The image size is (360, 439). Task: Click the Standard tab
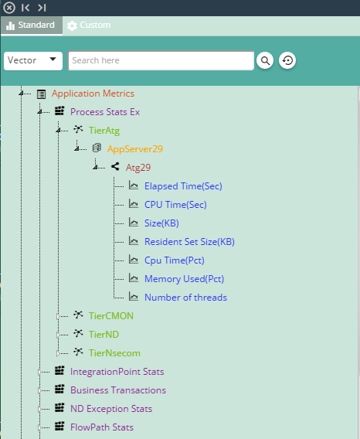(32, 26)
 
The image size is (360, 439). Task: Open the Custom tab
(89, 26)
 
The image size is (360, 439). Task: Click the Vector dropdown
(33, 60)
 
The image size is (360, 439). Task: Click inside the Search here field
(161, 60)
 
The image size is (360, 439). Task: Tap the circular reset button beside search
(287, 60)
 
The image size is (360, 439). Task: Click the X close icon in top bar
(9, 8)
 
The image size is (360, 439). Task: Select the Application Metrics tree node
(93, 94)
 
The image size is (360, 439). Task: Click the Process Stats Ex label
(105, 112)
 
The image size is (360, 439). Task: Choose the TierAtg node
(104, 131)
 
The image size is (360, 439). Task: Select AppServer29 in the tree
(135, 149)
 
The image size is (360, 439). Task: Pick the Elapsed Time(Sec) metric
(183, 186)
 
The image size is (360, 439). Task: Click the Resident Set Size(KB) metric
(189, 242)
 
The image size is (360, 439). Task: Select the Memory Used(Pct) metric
(184, 279)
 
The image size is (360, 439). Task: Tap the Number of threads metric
(185, 298)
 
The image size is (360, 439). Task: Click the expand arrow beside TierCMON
(58, 316)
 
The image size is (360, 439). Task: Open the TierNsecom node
(114, 353)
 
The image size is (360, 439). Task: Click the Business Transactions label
(118, 390)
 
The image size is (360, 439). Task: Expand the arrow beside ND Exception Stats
(39, 409)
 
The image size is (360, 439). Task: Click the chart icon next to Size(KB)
(134, 223)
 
